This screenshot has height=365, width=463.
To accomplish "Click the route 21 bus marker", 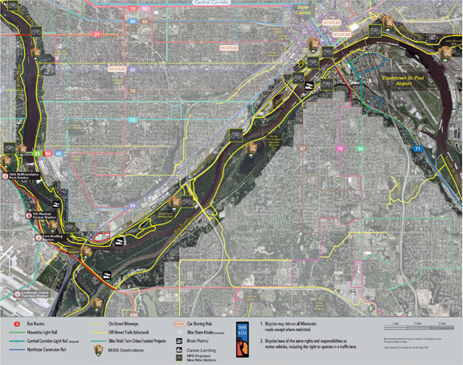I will click(96, 35).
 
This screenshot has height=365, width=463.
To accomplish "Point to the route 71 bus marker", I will click(417, 150).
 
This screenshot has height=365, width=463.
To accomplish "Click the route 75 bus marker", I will click(340, 149).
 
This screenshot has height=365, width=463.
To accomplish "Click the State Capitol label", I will click(302, 11).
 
